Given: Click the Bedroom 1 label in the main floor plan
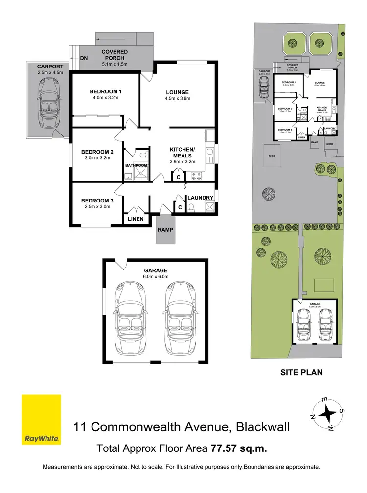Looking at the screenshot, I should pyautogui.click(x=105, y=91).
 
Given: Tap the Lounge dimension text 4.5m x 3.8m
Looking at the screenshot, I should pyautogui.click(x=177, y=99).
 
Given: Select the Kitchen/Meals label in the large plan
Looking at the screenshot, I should pyautogui.click(x=182, y=152).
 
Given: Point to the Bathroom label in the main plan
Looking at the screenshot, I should pyautogui.click(x=136, y=165).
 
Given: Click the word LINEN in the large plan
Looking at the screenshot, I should pyautogui.click(x=136, y=219).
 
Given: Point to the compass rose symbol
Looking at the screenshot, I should pyautogui.click(x=326, y=413).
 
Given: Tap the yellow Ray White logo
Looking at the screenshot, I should pyautogui.click(x=42, y=419).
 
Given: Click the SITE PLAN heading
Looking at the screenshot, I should pyautogui.click(x=301, y=373).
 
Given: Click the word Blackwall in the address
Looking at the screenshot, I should pyautogui.click(x=262, y=427).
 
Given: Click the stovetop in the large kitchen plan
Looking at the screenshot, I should pyautogui.click(x=196, y=175).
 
